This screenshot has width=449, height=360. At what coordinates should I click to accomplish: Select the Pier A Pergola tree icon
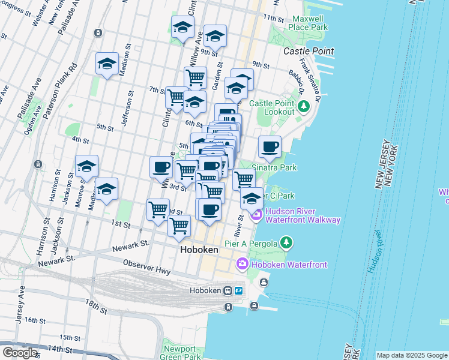(287, 243)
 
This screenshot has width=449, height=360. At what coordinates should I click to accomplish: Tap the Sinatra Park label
(274, 168)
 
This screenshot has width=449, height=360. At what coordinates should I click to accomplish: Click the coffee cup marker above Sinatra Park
(270, 146)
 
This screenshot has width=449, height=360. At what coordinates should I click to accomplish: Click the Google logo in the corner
(20, 353)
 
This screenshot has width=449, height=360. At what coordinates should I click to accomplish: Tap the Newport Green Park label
(179, 353)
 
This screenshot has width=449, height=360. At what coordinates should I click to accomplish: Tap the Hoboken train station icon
(228, 291)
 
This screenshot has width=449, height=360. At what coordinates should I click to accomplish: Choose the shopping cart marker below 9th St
(195, 77)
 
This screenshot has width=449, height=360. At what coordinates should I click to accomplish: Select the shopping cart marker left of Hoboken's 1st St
(158, 209)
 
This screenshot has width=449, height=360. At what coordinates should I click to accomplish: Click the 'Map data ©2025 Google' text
(412, 355)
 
